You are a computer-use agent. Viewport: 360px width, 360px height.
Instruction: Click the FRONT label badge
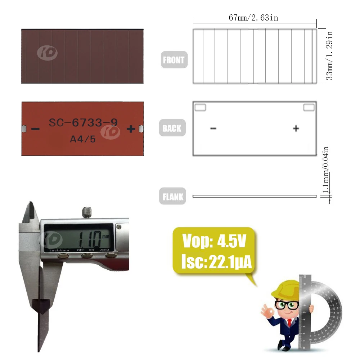174,60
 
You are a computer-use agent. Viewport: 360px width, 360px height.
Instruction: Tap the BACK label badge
172,128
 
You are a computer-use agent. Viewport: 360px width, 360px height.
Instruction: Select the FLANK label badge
172,196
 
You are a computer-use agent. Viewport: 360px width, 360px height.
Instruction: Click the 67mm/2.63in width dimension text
253,18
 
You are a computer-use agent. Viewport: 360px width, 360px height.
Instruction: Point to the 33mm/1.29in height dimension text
329,55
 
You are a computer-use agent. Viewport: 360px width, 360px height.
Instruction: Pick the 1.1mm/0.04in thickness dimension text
325,170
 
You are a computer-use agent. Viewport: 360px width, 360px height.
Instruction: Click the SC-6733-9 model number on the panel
83,122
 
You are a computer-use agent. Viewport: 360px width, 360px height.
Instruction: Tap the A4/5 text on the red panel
83,139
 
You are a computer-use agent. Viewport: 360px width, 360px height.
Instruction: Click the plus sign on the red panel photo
131,129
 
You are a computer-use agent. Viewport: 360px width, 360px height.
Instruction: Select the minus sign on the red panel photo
35,129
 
